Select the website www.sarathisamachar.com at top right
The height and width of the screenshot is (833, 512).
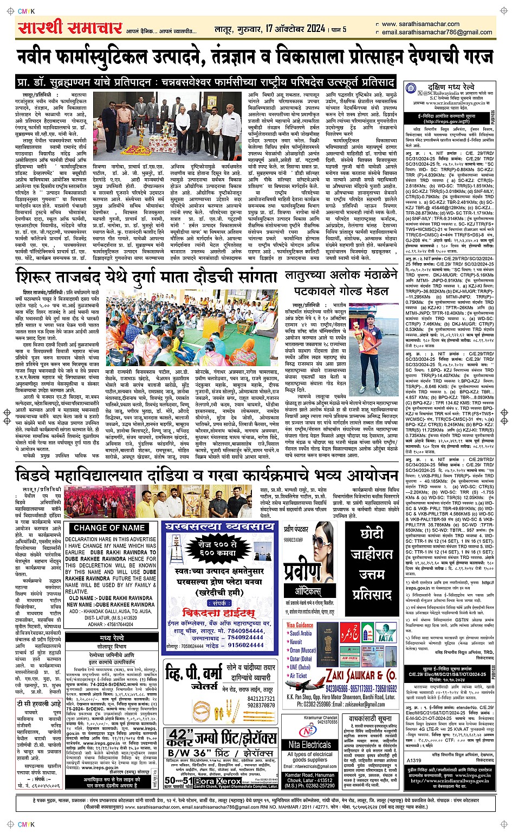(420, 24)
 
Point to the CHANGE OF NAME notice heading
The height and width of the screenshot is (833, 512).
(109, 527)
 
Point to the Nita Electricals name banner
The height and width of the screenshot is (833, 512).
(317, 745)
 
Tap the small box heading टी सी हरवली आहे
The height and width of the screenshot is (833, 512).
(39, 704)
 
